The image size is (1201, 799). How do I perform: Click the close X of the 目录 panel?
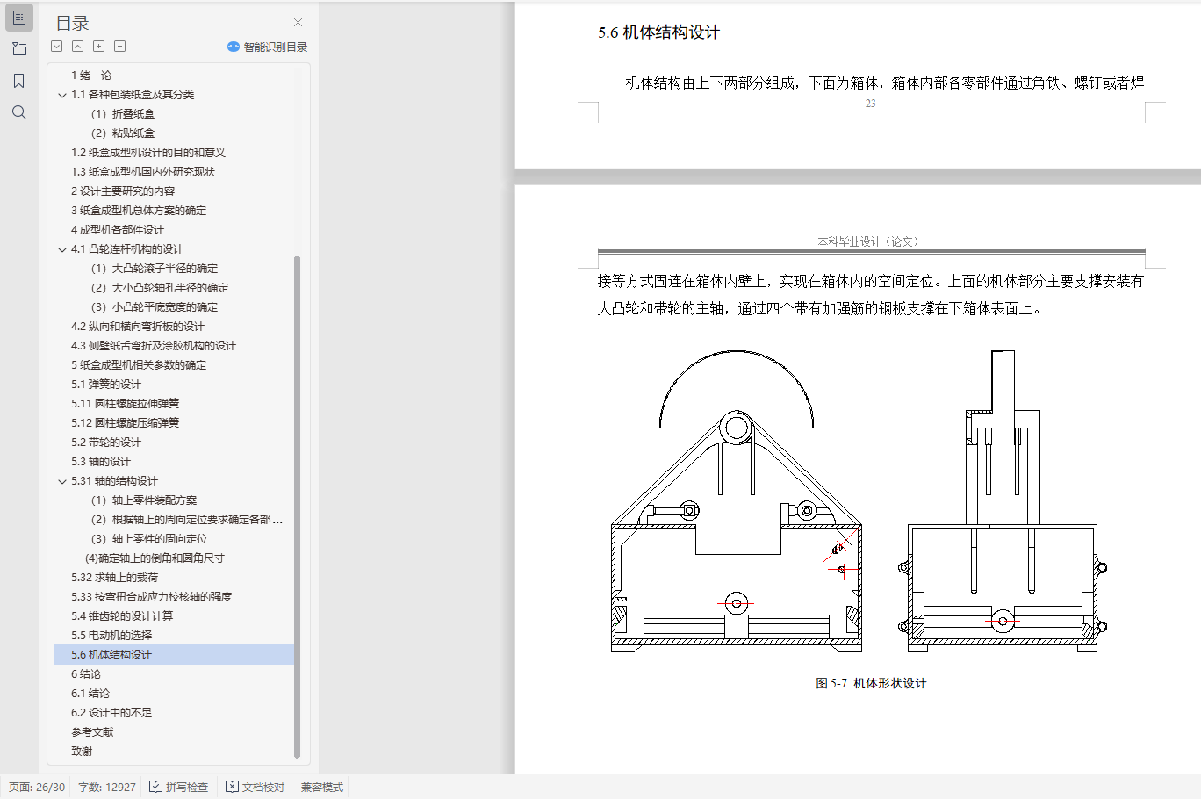[x=298, y=23]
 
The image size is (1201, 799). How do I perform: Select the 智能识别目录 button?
[x=267, y=47]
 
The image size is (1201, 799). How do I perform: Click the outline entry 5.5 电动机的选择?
[x=111, y=636]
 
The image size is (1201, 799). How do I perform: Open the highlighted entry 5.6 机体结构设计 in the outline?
[x=111, y=655]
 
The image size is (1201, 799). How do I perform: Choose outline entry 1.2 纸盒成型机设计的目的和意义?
[x=148, y=153]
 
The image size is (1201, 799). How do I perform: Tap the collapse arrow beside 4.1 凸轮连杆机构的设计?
[x=62, y=249]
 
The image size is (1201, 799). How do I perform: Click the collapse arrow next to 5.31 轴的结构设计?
[x=62, y=481]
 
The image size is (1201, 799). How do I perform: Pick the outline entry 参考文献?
[x=92, y=732]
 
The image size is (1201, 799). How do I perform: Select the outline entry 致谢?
[x=82, y=752]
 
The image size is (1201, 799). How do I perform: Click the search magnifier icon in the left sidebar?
[x=19, y=112]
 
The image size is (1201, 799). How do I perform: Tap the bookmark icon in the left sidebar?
[x=18, y=81]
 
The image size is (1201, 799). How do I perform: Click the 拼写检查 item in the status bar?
[x=178, y=787]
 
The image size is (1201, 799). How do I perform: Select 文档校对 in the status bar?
[x=255, y=787]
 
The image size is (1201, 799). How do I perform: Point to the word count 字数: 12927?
[x=107, y=787]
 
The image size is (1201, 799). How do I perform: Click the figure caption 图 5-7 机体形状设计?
[x=871, y=683]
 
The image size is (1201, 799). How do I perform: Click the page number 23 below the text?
[x=870, y=104]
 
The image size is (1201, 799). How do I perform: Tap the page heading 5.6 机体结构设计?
[x=658, y=32]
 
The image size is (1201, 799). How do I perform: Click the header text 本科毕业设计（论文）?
[x=868, y=241]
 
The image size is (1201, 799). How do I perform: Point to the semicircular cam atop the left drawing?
[x=737, y=351]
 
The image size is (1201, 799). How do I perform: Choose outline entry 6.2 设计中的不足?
[x=111, y=713]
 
